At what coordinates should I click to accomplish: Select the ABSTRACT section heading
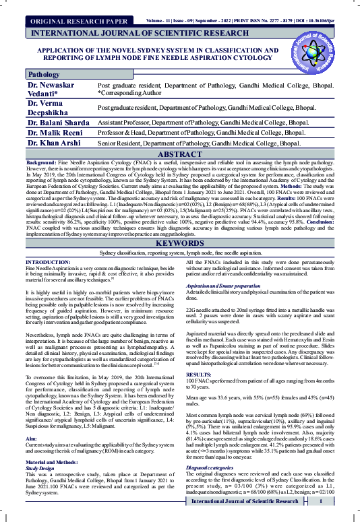click(x=180, y=135)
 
